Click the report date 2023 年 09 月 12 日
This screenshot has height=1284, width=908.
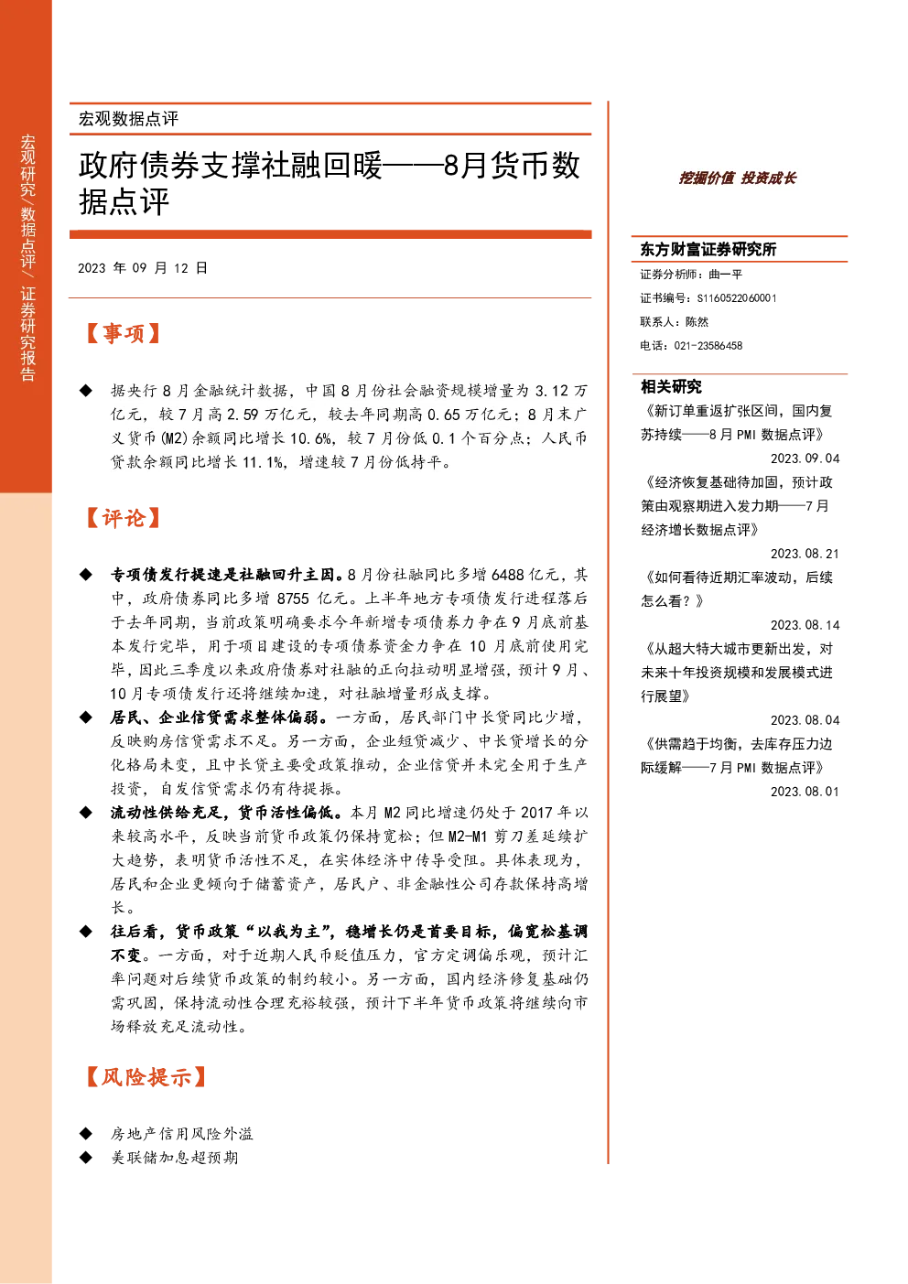[143, 268]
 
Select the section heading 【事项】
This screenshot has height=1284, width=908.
[123, 333]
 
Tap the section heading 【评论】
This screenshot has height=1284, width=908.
[123, 518]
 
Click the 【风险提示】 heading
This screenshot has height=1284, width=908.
[146, 1077]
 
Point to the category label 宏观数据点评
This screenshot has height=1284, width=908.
[128, 119]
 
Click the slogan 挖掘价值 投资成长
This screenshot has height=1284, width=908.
[737, 178]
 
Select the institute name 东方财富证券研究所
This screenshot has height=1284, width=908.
[708, 249]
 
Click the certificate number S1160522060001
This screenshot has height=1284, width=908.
[737, 298]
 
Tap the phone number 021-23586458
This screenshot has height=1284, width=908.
[708, 346]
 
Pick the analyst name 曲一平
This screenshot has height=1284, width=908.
[725, 275]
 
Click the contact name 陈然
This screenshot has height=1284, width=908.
[697, 322]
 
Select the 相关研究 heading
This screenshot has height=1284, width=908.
[671, 386]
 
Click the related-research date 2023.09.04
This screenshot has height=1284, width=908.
[805, 459]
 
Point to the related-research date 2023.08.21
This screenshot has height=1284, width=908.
[805, 554]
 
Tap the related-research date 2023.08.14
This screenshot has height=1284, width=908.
[805, 625]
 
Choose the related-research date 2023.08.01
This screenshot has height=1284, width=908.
[805, 792]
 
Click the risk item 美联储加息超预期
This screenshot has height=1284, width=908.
[174, 1158]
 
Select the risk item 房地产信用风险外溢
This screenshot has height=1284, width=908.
[182, 1133]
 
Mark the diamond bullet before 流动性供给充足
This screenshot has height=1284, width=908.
[86, 813]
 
